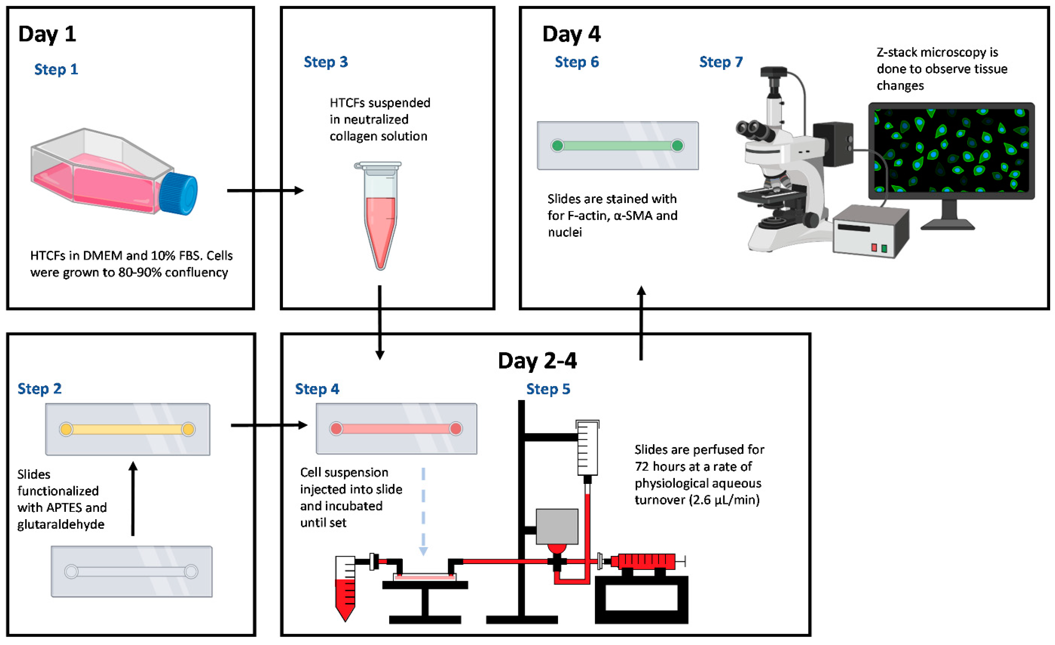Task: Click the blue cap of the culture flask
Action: (x=179, y=193)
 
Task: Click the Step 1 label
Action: (x=56, y=69)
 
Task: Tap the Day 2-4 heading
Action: (x=537, y=360)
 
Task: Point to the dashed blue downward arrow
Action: (x=423, y=512)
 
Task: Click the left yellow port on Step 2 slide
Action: (x=66, y=429)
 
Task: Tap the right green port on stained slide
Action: (x=677, y=146)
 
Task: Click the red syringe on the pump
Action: (x=644, y=561)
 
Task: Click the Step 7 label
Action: (x=721, y=62)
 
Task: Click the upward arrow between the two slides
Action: (x=133, y=499)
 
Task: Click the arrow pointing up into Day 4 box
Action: (x=641, y=323)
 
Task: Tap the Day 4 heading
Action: (x=571, y=34)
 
